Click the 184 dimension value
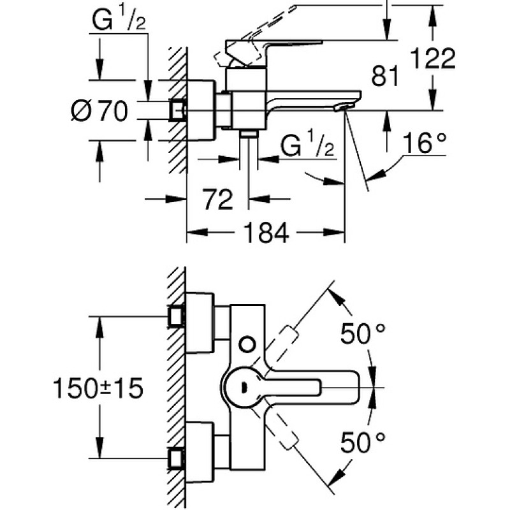(x=266, y=233)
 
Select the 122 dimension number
(x=433, y=59)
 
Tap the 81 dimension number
(x=385, y=76)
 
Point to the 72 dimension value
(x=218, y=199)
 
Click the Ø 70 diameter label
(x=99, y=110)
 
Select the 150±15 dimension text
(x=98, y=388)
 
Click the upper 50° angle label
(x=363, y=333)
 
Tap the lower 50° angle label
(x=363, y=442)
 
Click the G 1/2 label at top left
(x=119, y=20)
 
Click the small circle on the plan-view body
(x=247, y=344)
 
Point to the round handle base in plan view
(x=242, y=388)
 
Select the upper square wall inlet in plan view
(x=177, y=316)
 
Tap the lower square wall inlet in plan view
(x=177, y=458)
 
